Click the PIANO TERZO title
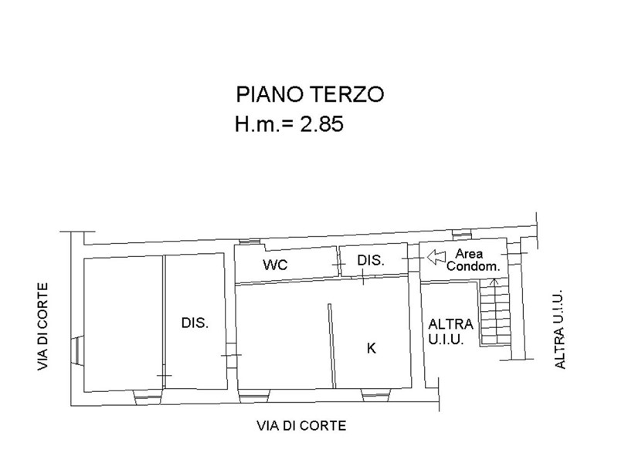(x=310, y=94)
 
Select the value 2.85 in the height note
(x=322, y=124)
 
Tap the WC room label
(x=276, y=265)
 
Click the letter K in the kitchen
(x=372, y=348)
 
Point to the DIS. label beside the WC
(x=371, y=260)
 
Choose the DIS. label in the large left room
(x=195, y=323)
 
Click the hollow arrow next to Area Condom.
(x=436, y=257)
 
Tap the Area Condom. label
(x=473, y=260)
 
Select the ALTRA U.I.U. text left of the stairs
(x=450, y=332)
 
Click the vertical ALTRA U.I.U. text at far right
(x=559, y=330)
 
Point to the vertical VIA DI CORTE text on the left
(x=42, y=326)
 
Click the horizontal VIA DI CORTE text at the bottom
(x=301, y=426)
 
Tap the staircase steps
(x=495, y=313)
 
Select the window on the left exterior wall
(x=76, y=352)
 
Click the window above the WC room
(x=250, y=242)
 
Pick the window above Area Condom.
(x=462, y=235)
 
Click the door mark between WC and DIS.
(x=337, y=264)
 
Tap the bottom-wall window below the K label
(x=376, y=396)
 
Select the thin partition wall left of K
(x=331, y=346)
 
